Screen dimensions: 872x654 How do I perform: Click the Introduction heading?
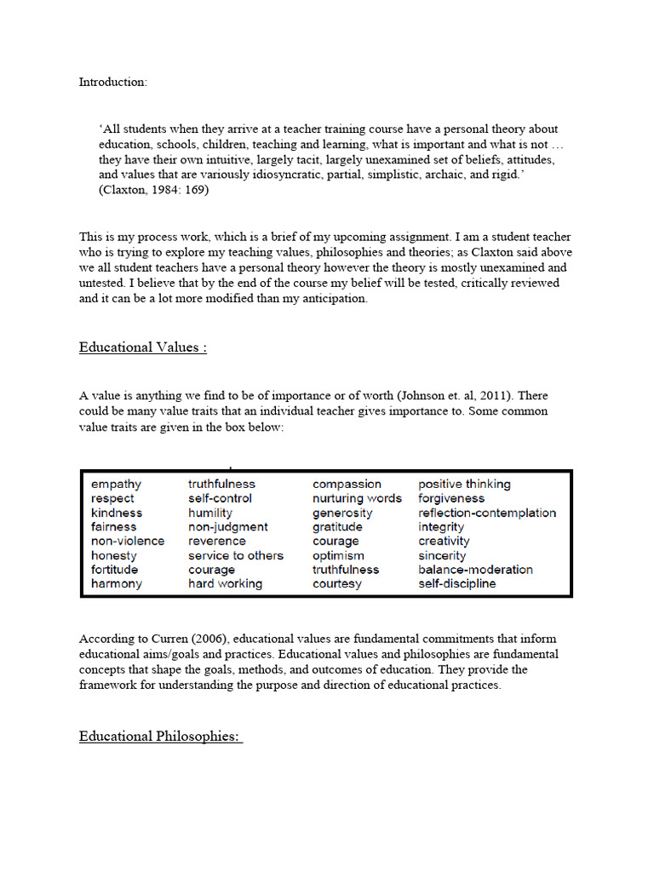113,83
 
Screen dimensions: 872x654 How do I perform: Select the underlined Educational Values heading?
143,347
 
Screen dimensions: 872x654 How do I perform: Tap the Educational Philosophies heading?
160,737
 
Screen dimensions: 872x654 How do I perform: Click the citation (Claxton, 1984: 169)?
154,190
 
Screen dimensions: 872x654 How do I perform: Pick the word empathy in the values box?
116,485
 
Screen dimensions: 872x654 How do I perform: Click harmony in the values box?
117,584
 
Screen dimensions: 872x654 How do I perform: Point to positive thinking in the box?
464,485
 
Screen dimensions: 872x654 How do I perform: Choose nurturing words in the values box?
357,498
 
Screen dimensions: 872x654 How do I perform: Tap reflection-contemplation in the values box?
487,513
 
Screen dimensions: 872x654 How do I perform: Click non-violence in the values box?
128,542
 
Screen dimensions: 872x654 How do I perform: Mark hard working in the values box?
225,584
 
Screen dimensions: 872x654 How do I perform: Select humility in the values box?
210,513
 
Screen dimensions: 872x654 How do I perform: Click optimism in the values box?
339,555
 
